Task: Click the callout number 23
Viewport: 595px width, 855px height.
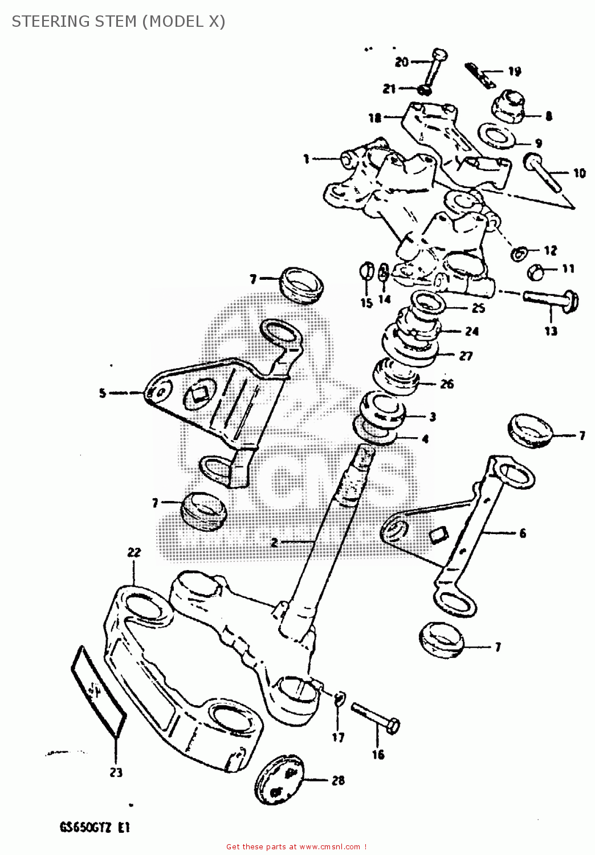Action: pos(116,773)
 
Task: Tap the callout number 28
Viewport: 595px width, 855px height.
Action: pos(339,780)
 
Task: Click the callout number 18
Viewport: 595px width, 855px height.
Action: pos(374,118)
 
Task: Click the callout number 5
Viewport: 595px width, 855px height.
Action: pos(103,393)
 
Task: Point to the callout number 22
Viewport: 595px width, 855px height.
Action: pos(134,552)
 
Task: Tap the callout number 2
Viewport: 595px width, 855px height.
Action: pos(274,543)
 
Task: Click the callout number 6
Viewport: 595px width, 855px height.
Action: pos(523,533)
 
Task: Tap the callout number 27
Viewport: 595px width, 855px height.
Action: pos(466,356)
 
